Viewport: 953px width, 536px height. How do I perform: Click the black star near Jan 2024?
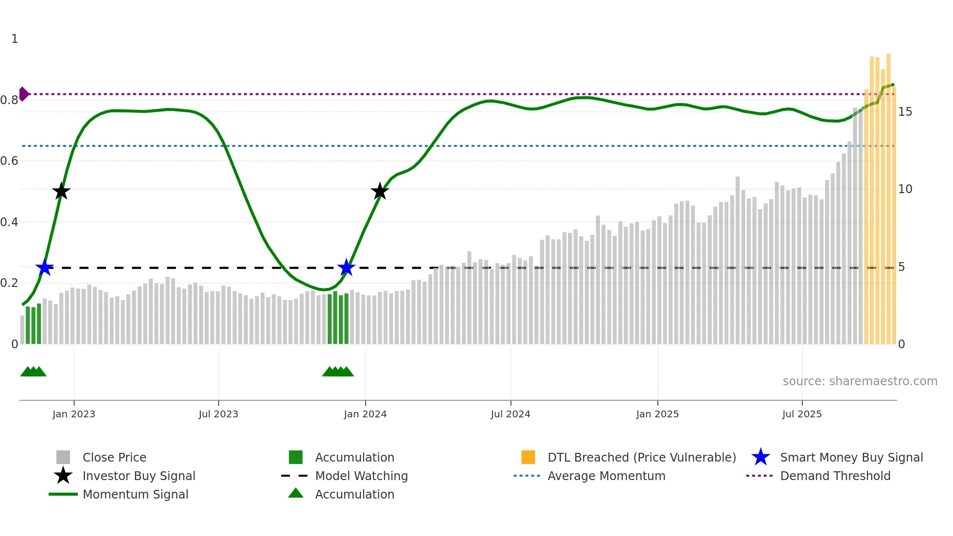click(x=380, y=191)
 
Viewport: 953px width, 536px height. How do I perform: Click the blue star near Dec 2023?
click(x=346, y=268)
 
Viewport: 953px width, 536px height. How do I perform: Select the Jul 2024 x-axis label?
click(x=510, y=414)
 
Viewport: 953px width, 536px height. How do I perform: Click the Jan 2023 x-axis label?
click(x=74, y=414)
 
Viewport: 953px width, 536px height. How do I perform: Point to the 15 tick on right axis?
click(x=905, y=112)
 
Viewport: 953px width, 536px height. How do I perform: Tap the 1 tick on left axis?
click(x=15, y=39)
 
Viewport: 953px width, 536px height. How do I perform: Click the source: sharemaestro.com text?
click(x=860, y=381)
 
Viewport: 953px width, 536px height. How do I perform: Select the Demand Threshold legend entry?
click(x=835, y=476)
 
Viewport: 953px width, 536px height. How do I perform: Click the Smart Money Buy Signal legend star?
click(x=760, y=457)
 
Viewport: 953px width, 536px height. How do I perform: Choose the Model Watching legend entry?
click(x=361, y=476)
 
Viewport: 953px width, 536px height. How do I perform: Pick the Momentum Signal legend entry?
click(x=135, y=494)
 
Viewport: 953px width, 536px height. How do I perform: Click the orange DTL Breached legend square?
click(x=528, y=457)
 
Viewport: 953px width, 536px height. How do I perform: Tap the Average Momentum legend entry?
click(x=606, y=476)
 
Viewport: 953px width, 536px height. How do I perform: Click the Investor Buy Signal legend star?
click(x=63, y=476)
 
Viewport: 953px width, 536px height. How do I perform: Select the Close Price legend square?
click(x=63, y=457)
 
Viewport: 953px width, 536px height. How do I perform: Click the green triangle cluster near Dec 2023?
click(x=338, y=372)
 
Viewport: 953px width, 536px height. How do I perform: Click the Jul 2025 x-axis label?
click(x=802, y=414)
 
